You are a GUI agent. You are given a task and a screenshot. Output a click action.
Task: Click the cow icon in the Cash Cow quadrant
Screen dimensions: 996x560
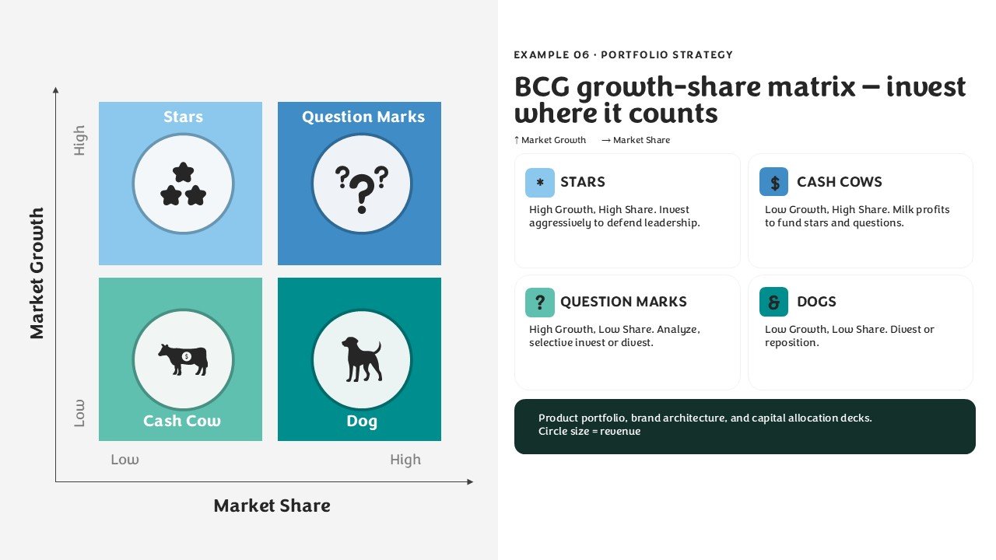click(x=183, y=359)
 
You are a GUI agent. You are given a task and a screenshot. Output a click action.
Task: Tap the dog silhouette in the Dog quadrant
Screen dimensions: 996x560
click(x=362, y=359)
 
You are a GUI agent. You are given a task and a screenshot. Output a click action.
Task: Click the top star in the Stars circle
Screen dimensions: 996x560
click(x=183, y=172)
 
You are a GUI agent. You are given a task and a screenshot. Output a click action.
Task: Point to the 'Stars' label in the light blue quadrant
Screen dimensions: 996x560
click(x=183, y=117)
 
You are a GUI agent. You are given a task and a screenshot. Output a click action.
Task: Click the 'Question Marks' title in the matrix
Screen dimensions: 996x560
click(x=363, y=117)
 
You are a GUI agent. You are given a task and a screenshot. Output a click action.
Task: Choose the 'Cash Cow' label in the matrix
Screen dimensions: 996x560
click(x=182, y=421)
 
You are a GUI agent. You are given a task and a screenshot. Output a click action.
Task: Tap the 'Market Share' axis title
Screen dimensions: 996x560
click(x=272, y=506)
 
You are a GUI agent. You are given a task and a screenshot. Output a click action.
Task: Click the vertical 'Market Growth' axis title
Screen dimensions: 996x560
click(x=37, y=273)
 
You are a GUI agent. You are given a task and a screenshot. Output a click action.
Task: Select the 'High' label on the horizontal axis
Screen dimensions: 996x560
click(x=405, y=459)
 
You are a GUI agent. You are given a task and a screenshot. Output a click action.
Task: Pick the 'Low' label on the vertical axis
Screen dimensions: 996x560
click(x=79, y=413)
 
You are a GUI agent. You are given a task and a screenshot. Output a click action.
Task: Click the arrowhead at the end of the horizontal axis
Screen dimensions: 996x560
click(x=471, y=481)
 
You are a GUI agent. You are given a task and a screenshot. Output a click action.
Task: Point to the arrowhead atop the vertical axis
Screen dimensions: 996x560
click(x=55, y=90)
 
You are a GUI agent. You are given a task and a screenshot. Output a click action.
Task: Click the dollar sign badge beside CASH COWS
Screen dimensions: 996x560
click(x=773, y=182)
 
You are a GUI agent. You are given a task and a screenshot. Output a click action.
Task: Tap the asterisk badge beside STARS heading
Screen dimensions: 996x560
click(x=540, y=182)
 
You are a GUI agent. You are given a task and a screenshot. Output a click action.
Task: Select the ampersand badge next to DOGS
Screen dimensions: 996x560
click(x=773, y=303)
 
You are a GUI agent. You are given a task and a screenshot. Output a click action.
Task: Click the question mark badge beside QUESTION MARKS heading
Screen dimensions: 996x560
click(x=540, y=303)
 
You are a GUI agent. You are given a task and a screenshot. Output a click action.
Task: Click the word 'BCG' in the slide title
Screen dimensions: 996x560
click(x=542, y=86)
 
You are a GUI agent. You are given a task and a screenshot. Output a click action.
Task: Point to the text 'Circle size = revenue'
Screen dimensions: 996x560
click(x=590, y=431)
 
